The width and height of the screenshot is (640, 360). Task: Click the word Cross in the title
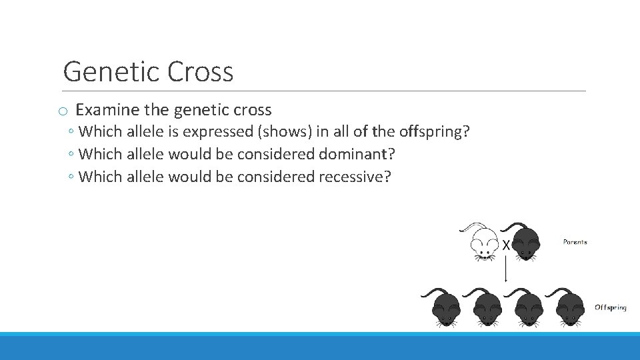(x=201, y=72)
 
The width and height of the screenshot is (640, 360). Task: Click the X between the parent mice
(x=506, y=245)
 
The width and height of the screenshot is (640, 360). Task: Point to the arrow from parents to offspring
(x=506, y=270)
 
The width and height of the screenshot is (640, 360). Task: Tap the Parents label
(x=575, y=242)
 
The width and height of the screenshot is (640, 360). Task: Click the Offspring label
(x=610, y=307)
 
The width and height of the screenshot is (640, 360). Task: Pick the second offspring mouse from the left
(x=486, y=307)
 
